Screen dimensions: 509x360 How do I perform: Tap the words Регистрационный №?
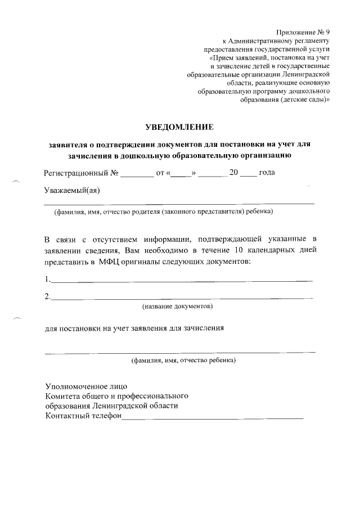click(81, 173)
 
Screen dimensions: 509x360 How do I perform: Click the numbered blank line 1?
click(180, 279)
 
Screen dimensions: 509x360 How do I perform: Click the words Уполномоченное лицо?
click(86, 386)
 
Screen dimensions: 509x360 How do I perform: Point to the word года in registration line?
click(266, 173)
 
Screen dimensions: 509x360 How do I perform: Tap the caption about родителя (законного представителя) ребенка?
click(163, 212)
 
